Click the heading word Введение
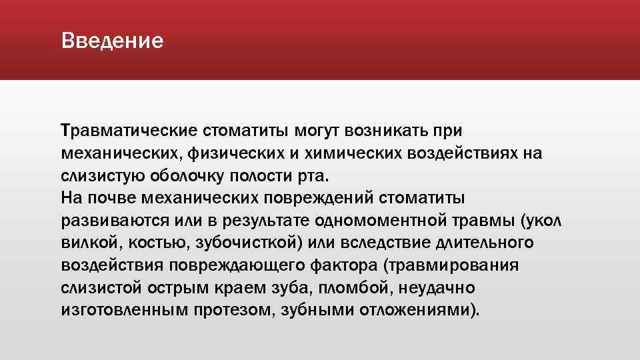point(112,41)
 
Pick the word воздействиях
point(462,153)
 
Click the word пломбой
point(379,289)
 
